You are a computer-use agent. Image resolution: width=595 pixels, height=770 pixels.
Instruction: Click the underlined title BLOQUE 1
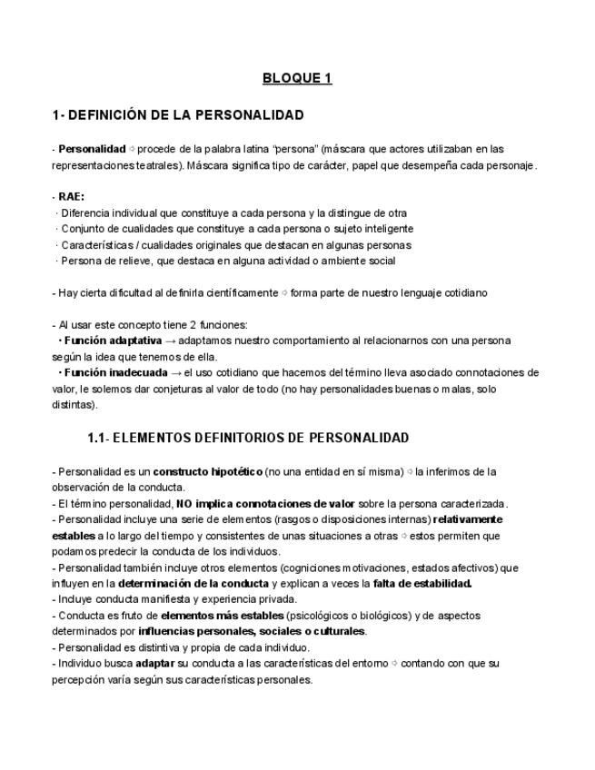pos(297,78)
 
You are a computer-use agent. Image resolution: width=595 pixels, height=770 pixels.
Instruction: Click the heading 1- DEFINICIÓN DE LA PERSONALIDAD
pos(178,115)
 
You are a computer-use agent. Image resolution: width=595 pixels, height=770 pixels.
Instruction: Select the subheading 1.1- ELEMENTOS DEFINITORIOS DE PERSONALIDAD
pos(248,438)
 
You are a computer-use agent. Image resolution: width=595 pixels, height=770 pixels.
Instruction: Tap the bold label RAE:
pos(72,196)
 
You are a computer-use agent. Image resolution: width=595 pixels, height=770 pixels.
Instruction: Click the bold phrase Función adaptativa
pos(110,341)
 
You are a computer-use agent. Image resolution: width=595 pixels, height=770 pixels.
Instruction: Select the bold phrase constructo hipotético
pos(208,472)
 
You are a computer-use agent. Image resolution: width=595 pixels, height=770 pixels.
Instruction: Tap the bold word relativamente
pos(468,519)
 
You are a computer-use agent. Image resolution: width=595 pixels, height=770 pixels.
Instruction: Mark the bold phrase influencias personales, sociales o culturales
pos(252,631)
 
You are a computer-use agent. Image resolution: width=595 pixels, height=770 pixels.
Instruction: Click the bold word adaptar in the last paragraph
pos(155,663)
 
